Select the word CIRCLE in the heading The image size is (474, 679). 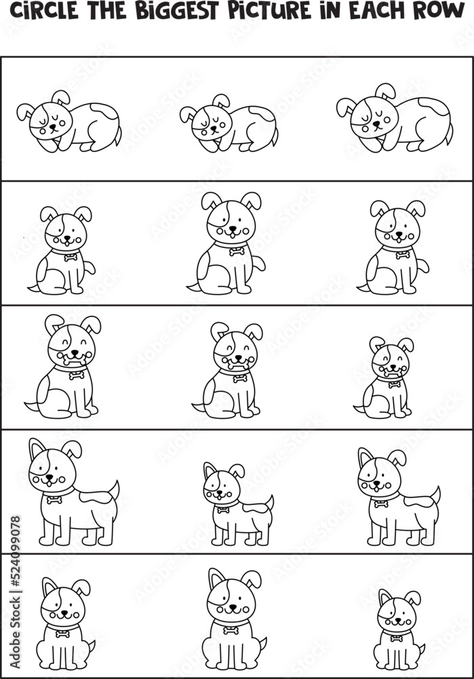[x=44, y=11]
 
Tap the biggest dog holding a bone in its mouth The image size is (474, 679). [x=62, y=367]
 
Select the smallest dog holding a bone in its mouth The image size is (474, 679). [x=384, y=377]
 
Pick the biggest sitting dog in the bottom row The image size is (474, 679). [x=234, y=619]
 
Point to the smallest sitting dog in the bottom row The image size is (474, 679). [x=399, y=629]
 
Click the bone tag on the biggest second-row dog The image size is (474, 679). [x=237, y=251]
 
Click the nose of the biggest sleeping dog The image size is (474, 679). [x=376, y=124]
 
